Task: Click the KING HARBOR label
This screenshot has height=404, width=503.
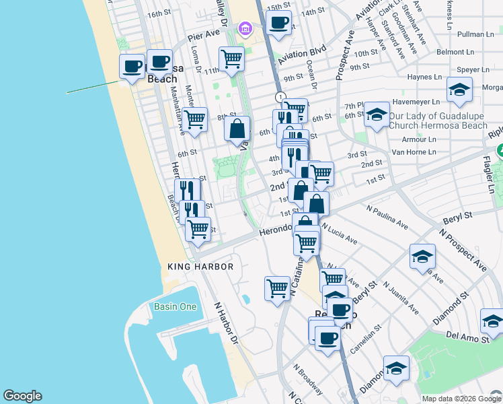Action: pos(200,267)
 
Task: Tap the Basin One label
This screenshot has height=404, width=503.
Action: pos(175,307)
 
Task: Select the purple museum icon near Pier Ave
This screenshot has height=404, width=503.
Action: pos(244,28)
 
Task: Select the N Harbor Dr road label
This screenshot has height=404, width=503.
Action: pos(227,323)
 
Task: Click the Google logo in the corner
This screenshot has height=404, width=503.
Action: pos(22,396)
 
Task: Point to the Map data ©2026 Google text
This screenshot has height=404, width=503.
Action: pos(461,399)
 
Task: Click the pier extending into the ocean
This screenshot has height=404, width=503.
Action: pos(93,87)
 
